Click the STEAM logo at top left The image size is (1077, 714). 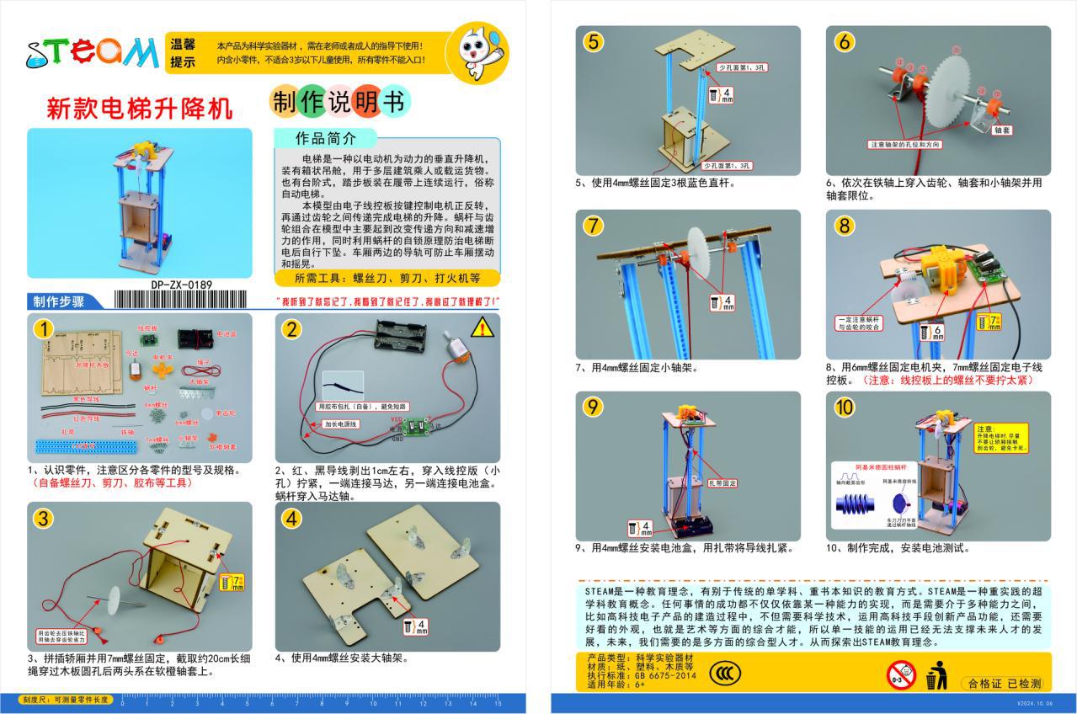point(92,52)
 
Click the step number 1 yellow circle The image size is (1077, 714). point(44,328)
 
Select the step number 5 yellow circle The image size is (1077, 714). point(594,42)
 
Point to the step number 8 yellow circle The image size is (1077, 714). point(845,226)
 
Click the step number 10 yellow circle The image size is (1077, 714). point(845,408)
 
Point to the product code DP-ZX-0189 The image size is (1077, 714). point(182,285)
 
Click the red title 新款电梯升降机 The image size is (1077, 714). point(138,109)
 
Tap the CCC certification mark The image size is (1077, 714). point(725,673)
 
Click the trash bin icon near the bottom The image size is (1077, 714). point(935,675)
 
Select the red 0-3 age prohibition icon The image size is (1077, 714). point(899,674)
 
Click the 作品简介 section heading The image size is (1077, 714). point(325,138)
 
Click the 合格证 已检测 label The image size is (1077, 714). point(1005,683)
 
